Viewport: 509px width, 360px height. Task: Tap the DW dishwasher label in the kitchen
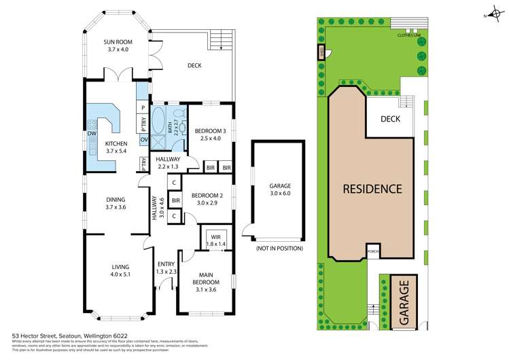[90, 134]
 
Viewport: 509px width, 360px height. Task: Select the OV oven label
[143, 140]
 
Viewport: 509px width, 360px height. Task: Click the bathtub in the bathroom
[160, 124]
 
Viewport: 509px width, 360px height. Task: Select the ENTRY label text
[166, 265]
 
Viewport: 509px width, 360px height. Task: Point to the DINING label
[115, 199]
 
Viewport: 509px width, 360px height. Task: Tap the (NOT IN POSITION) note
[279, 249]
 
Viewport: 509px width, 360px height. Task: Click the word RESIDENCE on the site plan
[372, 189]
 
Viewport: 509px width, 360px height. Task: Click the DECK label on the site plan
[390, 119]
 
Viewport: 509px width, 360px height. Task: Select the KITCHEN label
[116, 144]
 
